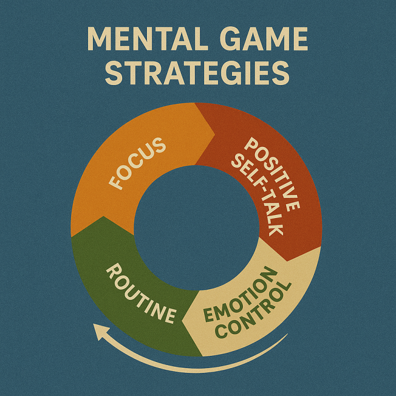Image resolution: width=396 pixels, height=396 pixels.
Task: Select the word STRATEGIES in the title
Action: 197,73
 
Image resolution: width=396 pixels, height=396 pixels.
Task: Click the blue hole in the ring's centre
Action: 196,227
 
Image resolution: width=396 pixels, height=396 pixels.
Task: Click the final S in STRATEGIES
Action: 280,73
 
